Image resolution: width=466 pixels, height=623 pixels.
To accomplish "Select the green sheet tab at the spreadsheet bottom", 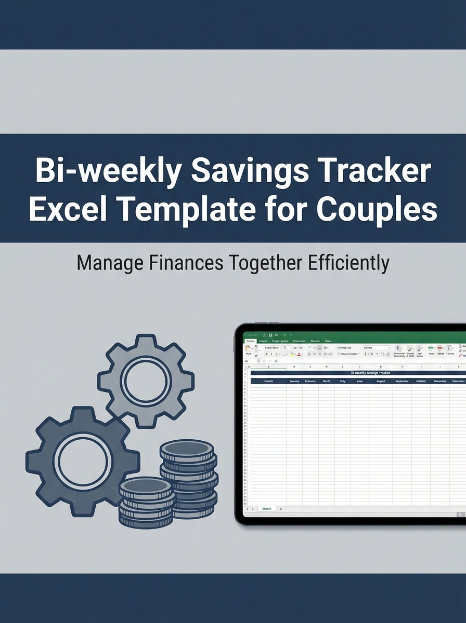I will click(266, 509).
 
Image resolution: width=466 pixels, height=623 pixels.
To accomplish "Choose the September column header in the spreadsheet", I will click(402, 381).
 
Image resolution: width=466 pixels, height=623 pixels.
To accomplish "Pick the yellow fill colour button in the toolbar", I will click(292, 354).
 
